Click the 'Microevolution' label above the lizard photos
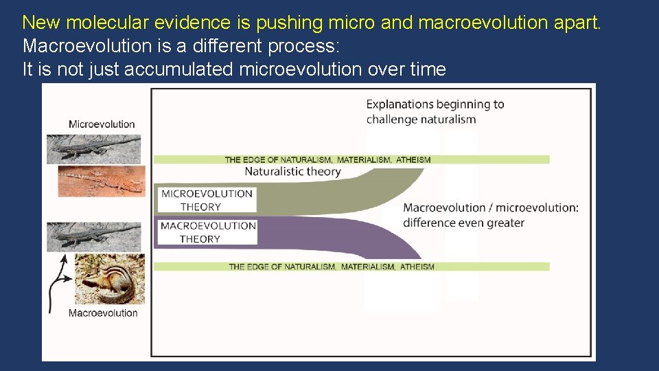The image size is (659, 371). [102, 124]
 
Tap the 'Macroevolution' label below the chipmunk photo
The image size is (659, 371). [103, 313]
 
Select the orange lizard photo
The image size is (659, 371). [102, 180]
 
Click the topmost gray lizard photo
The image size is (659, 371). [94, 148]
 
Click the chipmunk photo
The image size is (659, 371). [109, 278]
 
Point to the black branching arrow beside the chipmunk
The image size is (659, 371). [57, 282]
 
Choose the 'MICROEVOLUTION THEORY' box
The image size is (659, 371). [207, 200]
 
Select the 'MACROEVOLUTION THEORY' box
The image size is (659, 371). [207, 232]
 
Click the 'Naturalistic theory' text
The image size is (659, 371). [292, 172]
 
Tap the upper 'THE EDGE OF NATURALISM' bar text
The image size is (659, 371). [327, 160]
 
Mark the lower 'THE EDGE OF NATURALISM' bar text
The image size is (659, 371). [331, 267]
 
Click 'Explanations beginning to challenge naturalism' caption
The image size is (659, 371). [435, 112]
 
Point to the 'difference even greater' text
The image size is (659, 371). [463, 223]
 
